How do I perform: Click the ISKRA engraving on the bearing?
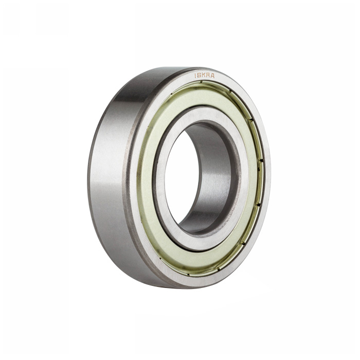click(x=204, y=76)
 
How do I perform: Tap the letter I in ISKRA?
click(x=195, y=76)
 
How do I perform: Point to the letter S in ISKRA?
click(x=199, y=76)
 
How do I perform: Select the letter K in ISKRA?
click(x=203, y=76)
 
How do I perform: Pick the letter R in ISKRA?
click(x=208, y=76)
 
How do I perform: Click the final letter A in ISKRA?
click(x=212, y=76)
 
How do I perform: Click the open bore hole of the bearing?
click(x=182, y=176)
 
